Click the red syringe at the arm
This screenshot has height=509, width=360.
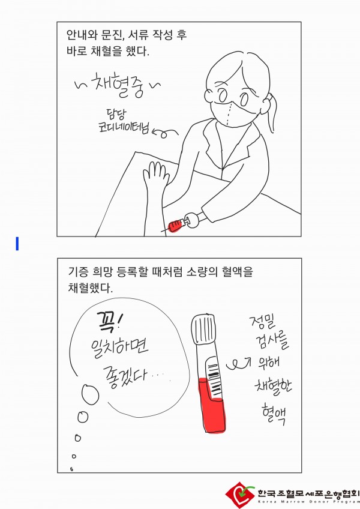coord(177,224)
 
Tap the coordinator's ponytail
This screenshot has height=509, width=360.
coord(271,113)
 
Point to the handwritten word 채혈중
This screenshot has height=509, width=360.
coord(118,85)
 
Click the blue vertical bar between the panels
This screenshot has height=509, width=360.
coord(17,244)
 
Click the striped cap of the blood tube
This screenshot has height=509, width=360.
coord(204,329)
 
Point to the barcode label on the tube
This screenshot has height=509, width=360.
coord(212,376)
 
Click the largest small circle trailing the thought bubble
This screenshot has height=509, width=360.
coord(90,394)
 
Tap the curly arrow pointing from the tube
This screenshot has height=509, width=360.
coord(239,364)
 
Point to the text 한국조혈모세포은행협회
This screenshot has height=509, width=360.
coord(308,493)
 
